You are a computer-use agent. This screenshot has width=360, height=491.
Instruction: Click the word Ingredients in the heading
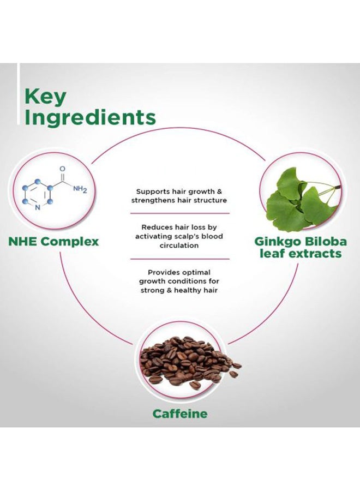(x=90, y=118)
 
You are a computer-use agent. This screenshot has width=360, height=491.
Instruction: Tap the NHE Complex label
(x=53, y=242)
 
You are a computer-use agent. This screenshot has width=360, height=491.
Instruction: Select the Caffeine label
(x=180, y=414)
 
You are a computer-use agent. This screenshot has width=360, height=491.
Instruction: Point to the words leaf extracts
(x=301, y=253)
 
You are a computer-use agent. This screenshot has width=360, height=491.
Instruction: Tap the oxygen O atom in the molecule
(x=62, y=169)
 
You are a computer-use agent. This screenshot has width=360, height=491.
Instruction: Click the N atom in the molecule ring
(x=38, y=207)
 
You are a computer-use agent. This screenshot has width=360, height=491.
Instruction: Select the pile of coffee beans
(x=189, y=362)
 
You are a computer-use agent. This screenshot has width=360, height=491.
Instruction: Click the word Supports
(x=153, y=191)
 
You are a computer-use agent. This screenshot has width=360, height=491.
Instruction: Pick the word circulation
(x=179, y=245)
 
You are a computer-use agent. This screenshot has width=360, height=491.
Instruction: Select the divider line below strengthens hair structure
(x=179, y=213)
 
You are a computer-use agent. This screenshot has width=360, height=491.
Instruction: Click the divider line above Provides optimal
(x=179, y=259)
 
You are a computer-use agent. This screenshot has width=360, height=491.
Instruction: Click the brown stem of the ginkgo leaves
(x=337, y=187)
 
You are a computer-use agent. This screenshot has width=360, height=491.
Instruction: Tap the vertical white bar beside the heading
(x=19, y=94)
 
